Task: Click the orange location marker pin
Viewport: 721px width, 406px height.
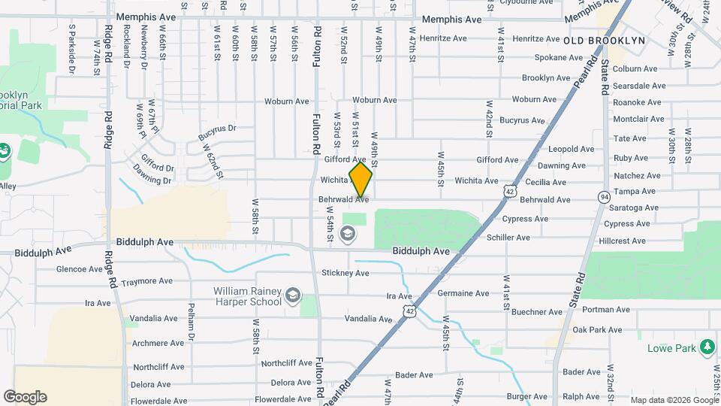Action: click(x=360, y=180)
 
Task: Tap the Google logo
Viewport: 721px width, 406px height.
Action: click(x=25, y=397)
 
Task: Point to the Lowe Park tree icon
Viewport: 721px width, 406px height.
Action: click(x=707, y=347)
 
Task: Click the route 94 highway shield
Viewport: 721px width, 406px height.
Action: click(x=605, y=197)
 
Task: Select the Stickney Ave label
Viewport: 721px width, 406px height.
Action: click(x=345, y=273)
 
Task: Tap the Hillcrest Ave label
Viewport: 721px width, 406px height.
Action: click(x=622, y=241)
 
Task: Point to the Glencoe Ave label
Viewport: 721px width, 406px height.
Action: click(x=80, y=268)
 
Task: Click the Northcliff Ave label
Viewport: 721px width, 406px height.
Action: click(x=285, y=364)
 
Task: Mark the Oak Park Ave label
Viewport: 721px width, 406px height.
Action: click(x=597, y=330)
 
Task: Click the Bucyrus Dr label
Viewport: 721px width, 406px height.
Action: click(x=217, y=133)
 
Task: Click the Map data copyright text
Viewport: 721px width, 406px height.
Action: click(x=674, y=400)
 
